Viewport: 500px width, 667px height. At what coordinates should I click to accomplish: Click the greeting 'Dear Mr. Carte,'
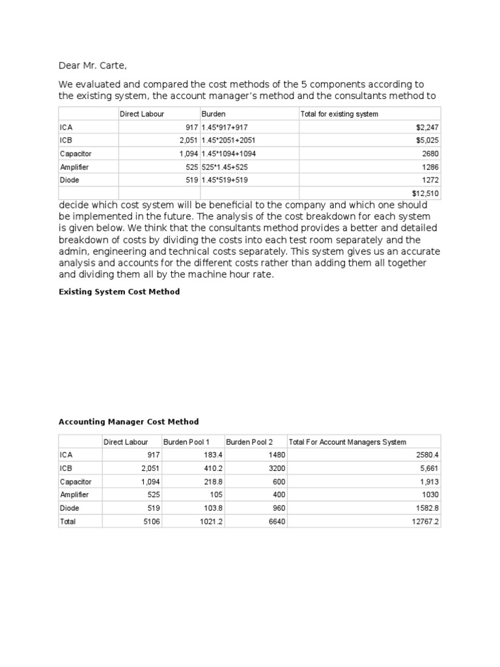click(98, 65)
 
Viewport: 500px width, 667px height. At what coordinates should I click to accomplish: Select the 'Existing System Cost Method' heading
click(119, 292)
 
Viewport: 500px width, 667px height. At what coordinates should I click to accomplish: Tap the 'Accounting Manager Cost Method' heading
click(129, 422)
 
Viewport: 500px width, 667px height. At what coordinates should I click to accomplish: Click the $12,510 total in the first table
click(426, 193)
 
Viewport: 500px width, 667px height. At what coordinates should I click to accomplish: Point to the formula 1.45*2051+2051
click(229, 141)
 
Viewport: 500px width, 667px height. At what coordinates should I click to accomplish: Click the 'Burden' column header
click(214, 114)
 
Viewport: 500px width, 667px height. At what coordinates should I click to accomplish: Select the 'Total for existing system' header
click(339, 114)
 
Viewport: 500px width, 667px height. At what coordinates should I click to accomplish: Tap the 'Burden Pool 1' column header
click(187, 442)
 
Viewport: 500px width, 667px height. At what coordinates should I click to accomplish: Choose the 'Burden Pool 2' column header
click(249, 442)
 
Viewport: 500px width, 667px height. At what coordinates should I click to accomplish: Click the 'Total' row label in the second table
click(68, 521)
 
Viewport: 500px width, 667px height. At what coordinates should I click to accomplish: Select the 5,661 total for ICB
click(428, 468)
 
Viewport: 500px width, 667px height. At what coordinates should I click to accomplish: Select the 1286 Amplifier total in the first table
click(430, 167)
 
